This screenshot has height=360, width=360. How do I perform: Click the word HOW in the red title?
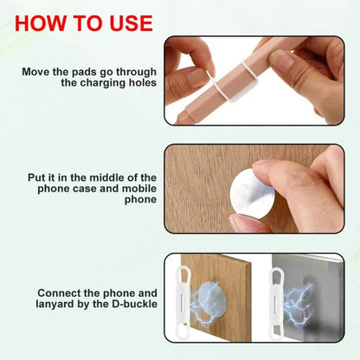40,22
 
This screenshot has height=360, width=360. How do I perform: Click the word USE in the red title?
127,22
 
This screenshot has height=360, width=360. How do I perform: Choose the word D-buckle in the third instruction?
130,305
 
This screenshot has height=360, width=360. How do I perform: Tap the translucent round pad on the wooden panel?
209,303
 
